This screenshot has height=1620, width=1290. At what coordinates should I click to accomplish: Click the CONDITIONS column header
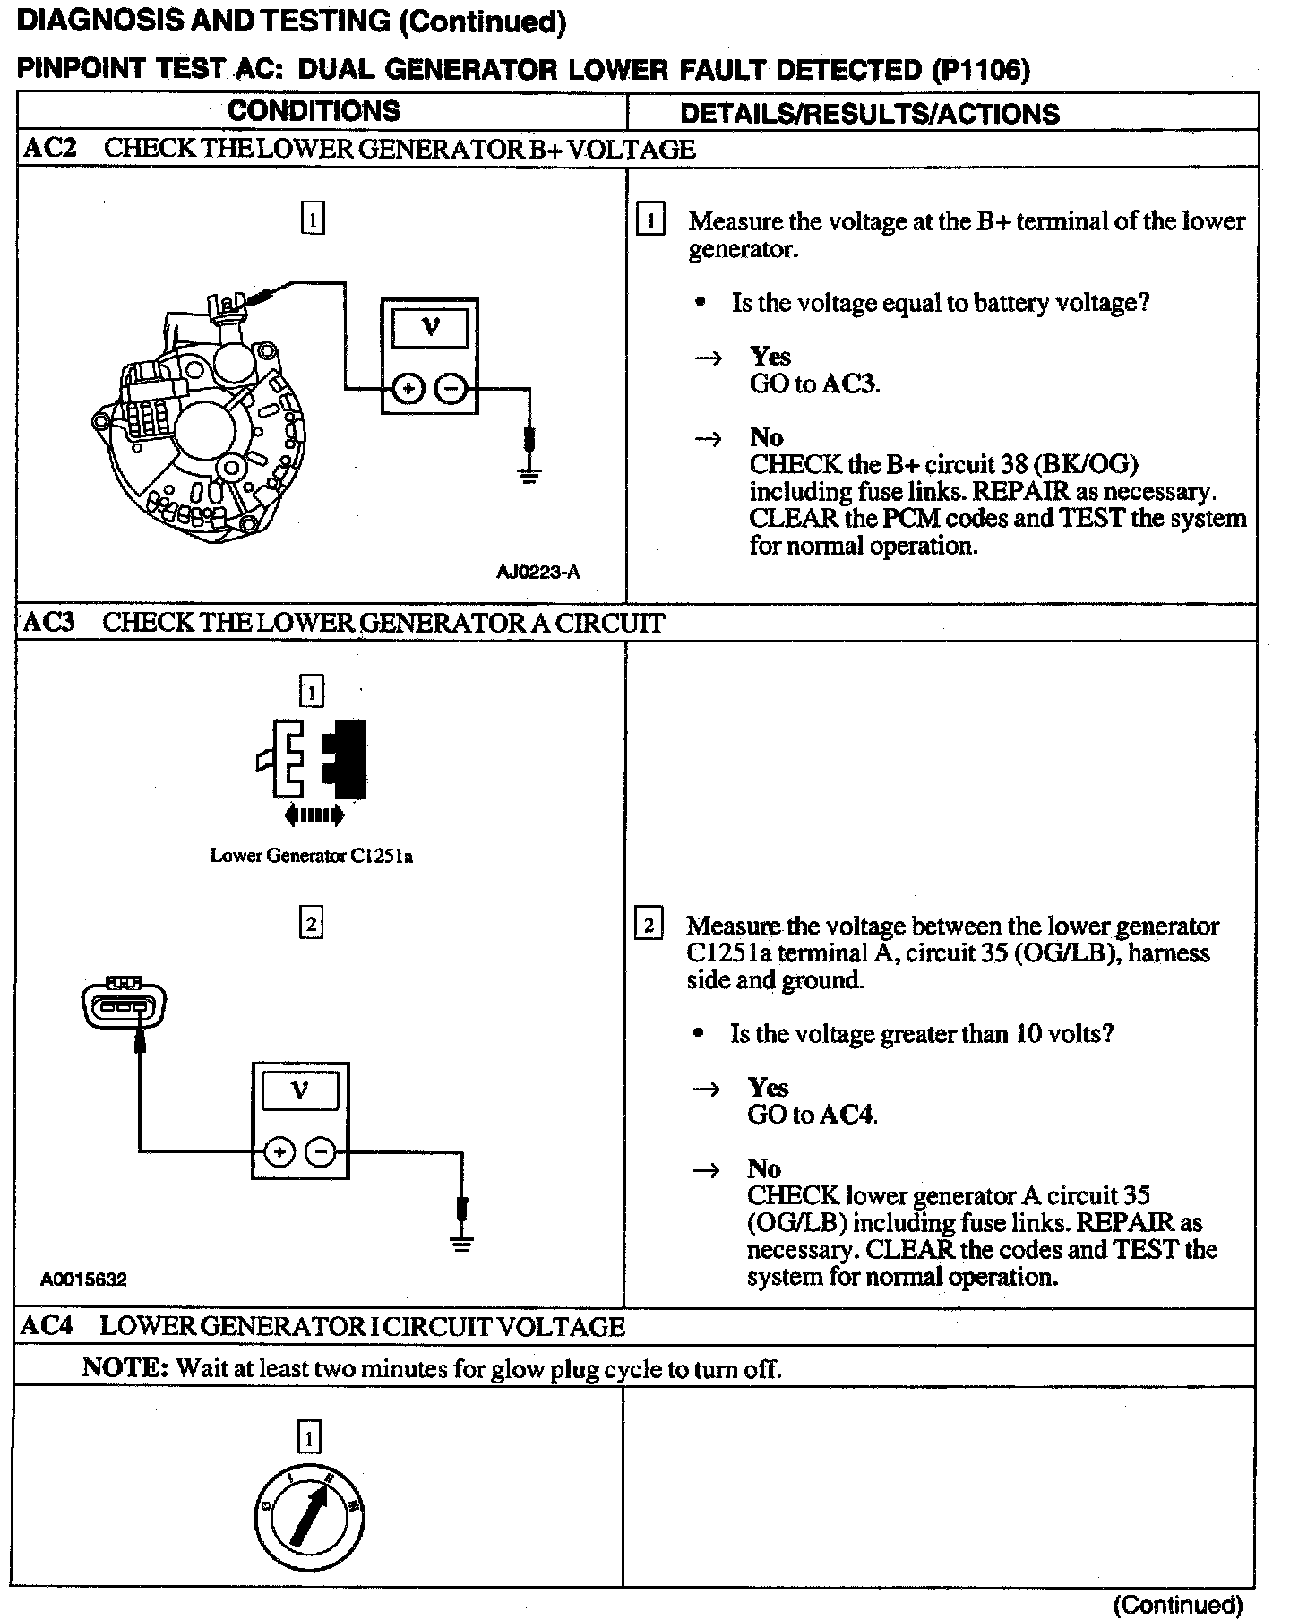(x=314, y=111)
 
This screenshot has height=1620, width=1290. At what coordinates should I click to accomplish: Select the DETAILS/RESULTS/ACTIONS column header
(x=870, y=114)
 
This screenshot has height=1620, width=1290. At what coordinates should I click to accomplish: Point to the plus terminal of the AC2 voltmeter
(x=408, y=389)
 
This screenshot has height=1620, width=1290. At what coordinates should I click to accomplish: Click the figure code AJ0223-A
(x=537, y=572)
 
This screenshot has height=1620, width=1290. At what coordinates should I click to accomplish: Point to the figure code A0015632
(x=83, y=1280)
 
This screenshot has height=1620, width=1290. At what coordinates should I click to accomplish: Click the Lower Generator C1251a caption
(x=312, y=856)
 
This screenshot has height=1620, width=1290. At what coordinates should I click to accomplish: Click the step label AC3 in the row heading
(x=48, y=623)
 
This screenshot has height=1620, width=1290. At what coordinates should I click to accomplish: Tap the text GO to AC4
(x=812, y=1115)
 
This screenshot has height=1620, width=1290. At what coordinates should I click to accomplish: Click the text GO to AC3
(x=814, y=384)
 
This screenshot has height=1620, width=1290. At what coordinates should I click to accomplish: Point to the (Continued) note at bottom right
(x=1177, y=1603)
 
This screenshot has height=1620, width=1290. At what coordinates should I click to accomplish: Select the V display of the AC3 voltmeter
(x=300, y=1091)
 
